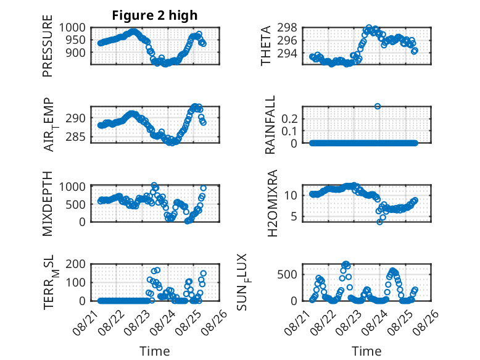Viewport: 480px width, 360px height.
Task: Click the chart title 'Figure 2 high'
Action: tap(155, 15)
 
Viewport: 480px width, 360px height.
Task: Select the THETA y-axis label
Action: tap(266, 46)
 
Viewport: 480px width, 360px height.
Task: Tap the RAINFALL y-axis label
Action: tap(270, 125)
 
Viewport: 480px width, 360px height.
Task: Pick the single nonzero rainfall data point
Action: tap(378, 106)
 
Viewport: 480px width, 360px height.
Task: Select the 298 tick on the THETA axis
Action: tap(291, 28)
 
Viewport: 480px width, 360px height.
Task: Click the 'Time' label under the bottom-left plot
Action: tap(155, 351)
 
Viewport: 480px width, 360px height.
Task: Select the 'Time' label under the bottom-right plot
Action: tap(366, 351)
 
